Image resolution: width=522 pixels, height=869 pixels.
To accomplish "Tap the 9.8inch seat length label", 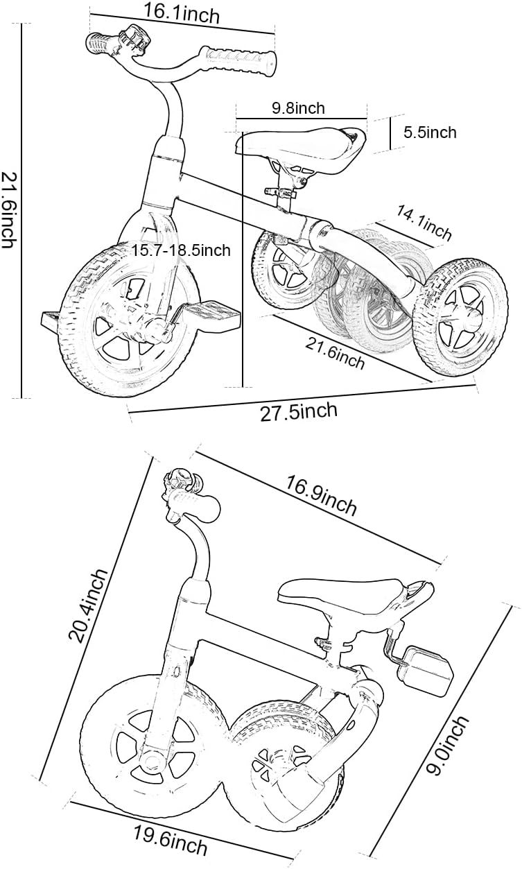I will point(298,108).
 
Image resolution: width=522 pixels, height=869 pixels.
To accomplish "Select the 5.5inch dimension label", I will point(430,132).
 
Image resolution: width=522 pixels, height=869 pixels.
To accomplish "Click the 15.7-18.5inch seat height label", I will point(182,250).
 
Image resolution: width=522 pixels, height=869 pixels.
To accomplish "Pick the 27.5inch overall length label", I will point(299,412).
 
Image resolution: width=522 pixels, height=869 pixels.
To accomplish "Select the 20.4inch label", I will point(91,605).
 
